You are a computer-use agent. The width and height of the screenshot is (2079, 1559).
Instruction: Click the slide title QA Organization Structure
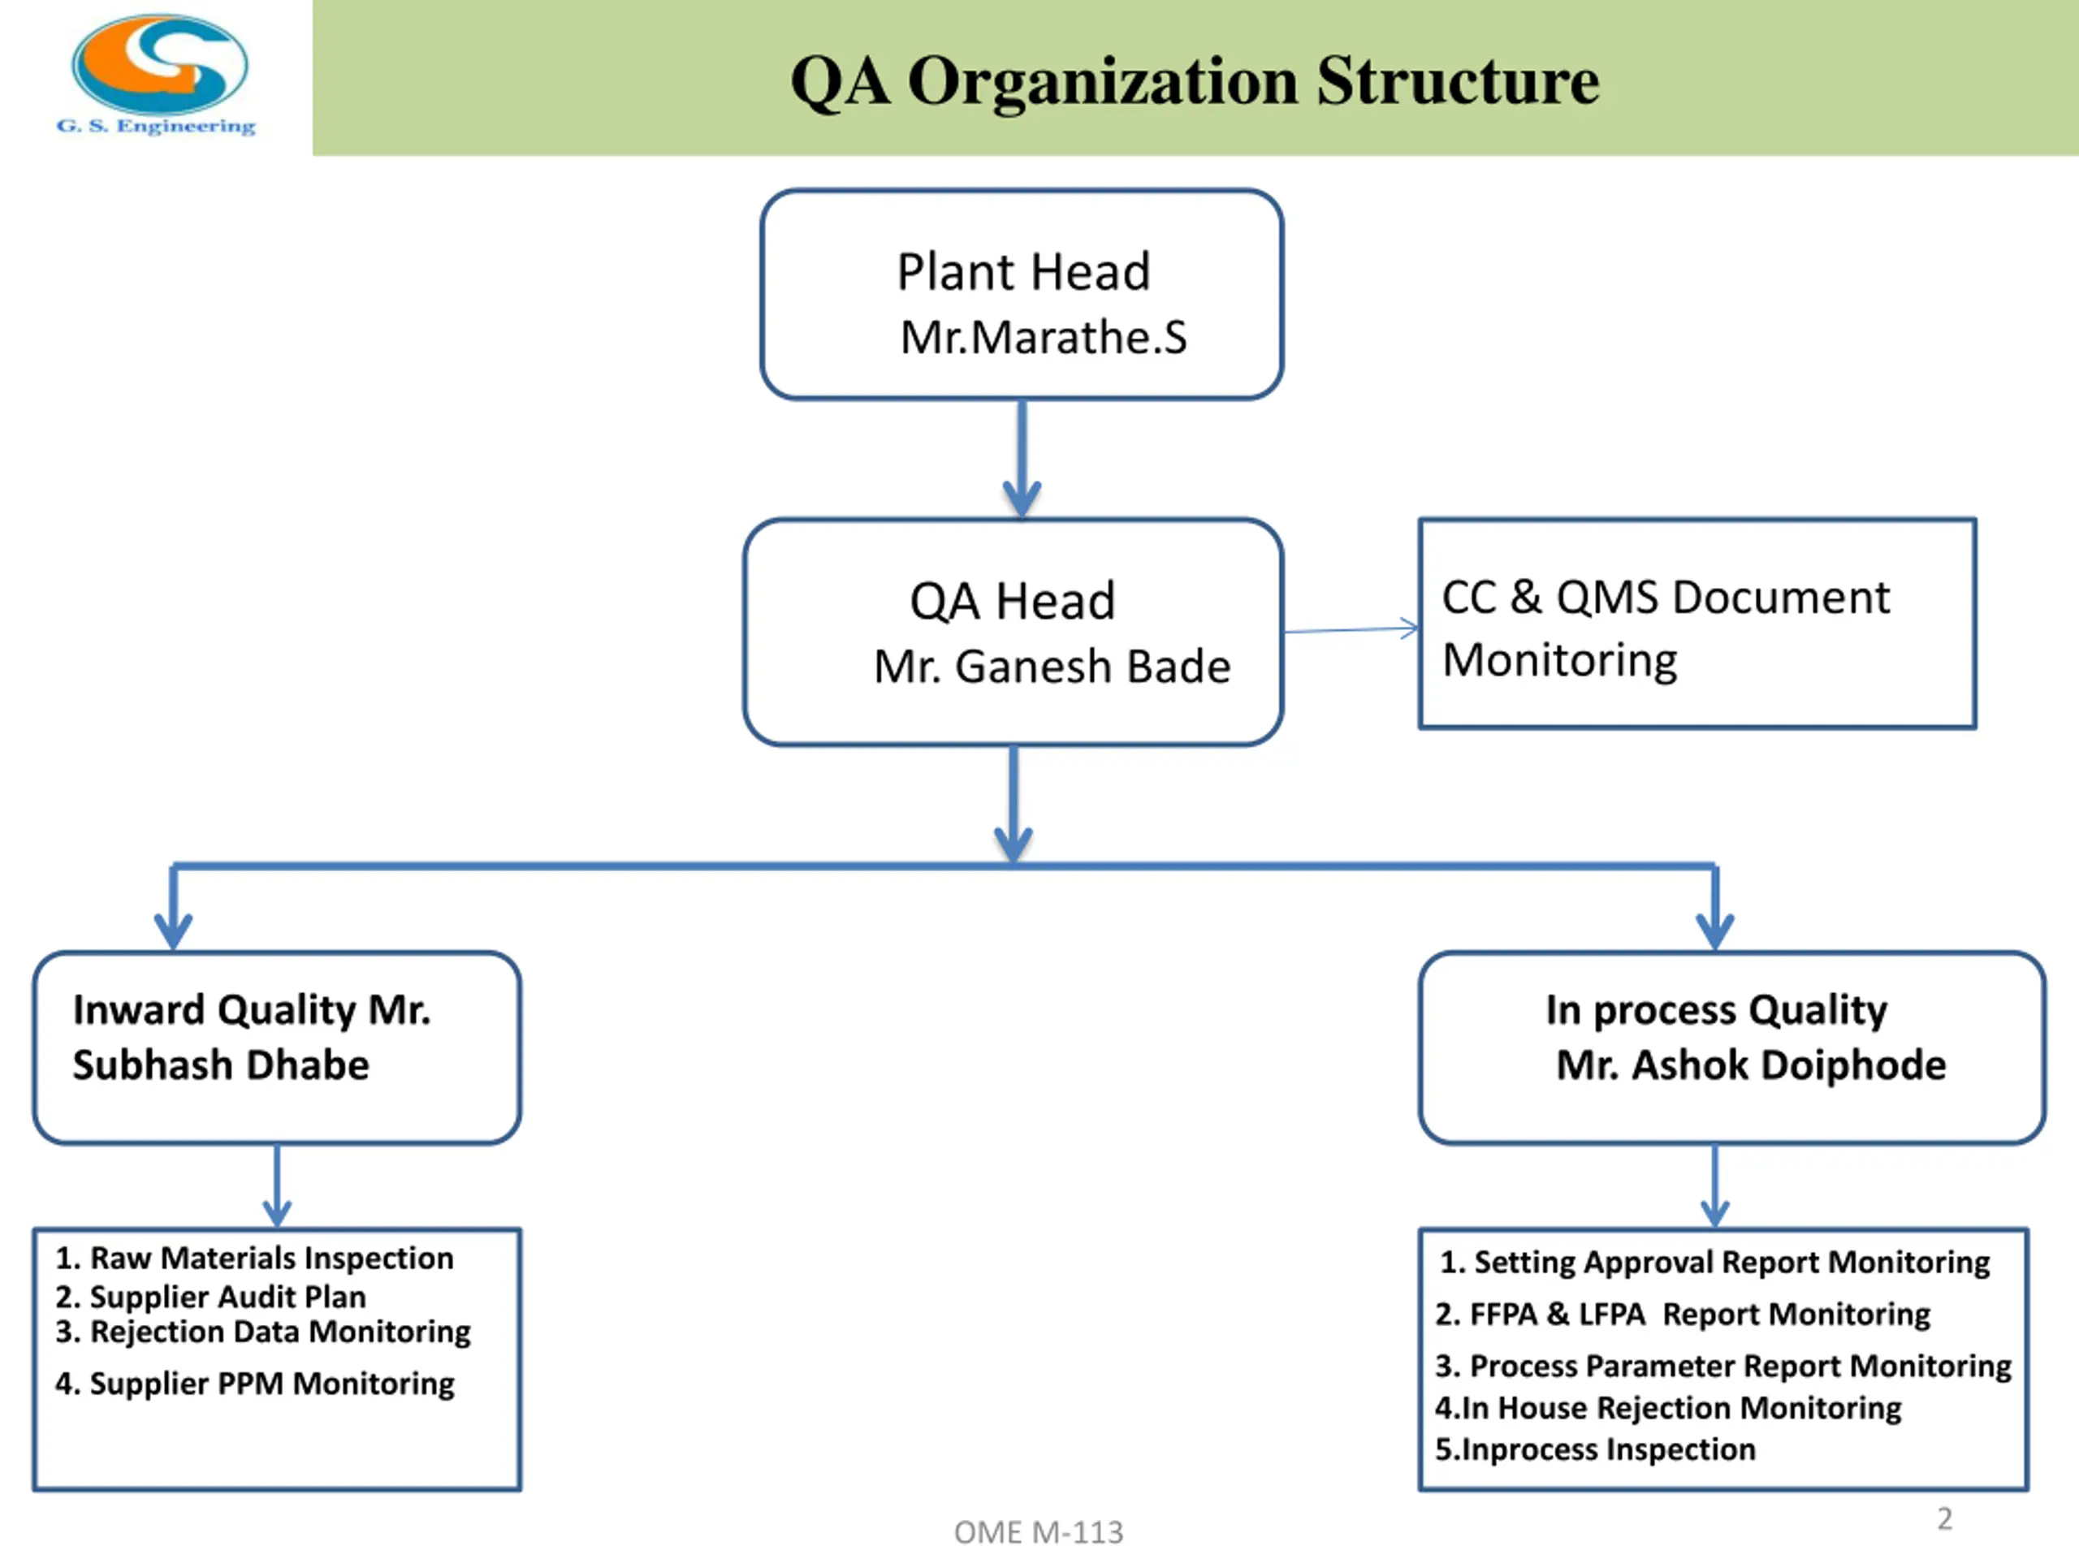tap(1195, 81)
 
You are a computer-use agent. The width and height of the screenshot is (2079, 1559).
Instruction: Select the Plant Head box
tap(1022, 295)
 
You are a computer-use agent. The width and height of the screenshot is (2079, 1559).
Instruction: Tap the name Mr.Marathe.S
tap(1044, 337)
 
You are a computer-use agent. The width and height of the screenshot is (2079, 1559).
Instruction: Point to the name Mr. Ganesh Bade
tap(1052, 667)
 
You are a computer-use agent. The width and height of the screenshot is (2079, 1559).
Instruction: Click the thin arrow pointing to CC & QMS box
tap(1351, 629)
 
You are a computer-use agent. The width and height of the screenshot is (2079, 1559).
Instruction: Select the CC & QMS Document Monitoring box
tap(1697, 623)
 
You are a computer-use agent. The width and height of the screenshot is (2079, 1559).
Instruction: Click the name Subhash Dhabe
tap(221, 1065)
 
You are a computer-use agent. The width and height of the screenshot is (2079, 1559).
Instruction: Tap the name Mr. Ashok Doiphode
tap(1751, 1065)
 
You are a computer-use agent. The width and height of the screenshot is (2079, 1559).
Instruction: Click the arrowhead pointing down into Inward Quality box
tap(173, 931)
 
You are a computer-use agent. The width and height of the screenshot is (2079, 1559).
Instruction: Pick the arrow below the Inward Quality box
tap(276, 1186)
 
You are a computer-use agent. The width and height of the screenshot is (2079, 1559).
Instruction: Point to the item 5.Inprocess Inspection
tap(1595, 1449)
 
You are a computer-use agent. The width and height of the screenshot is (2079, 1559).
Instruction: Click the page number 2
tap(1945, 1518)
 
